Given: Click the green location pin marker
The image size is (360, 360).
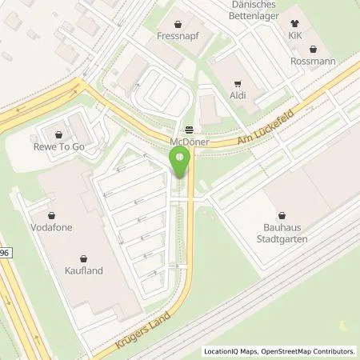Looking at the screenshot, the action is (x=180, y=162).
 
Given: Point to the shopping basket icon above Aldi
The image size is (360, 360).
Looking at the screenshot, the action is (x=238, y=83).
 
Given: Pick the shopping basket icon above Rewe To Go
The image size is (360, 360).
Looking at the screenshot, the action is (x=59, y=133).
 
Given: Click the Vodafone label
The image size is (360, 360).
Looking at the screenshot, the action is (x=52, y=227).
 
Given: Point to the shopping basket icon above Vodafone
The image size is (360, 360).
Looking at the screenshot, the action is (x=52, y=215).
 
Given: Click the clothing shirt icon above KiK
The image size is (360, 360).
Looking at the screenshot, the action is (x=297, y=24).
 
